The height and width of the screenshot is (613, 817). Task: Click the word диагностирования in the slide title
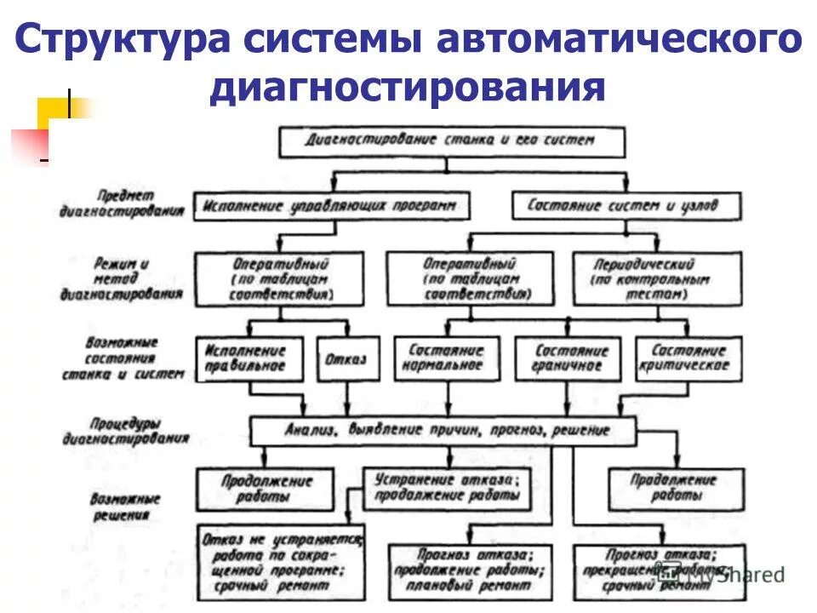click(408, 88)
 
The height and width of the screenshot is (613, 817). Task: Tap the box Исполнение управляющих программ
click(333, 205)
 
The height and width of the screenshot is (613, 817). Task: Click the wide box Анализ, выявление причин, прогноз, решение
click(443, 431)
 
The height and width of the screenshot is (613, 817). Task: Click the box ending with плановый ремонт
click(466, 567)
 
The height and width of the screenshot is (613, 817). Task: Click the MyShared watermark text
click(735, 574)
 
